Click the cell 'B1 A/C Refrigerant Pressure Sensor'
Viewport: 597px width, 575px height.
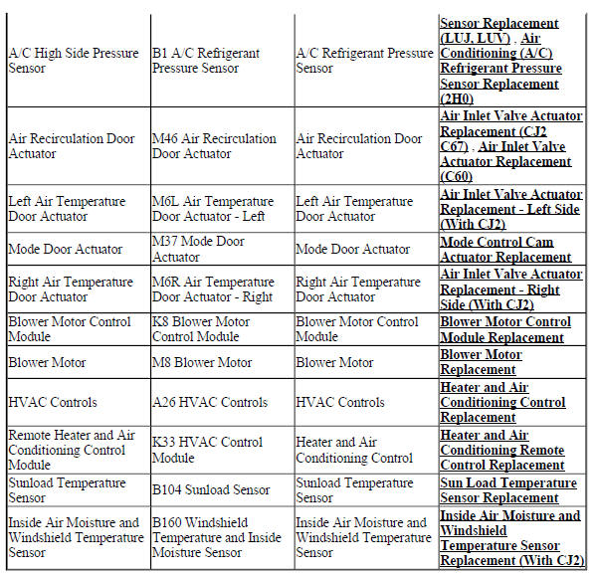coord(205,61)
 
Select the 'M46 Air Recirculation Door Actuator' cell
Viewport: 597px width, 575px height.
coord(213,146)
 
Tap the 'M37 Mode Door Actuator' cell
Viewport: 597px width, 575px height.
coord(198,249)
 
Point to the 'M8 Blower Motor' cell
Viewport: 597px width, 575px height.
coord(202,363)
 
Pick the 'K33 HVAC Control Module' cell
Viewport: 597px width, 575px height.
coord(207,451)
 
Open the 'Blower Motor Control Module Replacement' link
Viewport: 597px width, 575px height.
coord(505,329)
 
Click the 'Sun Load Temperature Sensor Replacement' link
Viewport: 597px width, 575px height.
coord(507,490)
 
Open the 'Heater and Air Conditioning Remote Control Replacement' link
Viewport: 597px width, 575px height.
coord(502,451)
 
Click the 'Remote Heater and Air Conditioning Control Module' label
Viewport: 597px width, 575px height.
coord(71,451)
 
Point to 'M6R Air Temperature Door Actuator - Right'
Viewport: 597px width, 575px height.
coord(213,289)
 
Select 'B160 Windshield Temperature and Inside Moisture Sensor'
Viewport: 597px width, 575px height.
coord(217,537)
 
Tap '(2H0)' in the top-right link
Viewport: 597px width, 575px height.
coord(459,99)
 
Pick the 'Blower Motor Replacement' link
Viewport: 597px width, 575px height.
coord(481,362)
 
